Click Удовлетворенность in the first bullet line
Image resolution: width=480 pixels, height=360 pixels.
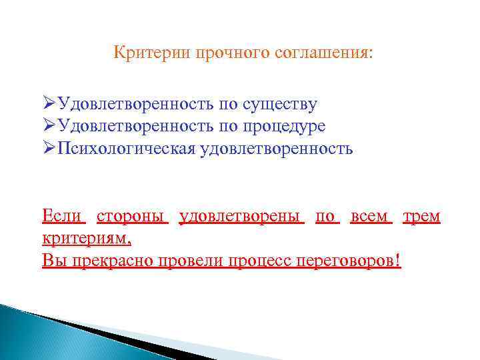click(x=135, y=104)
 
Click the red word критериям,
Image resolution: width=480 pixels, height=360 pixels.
click(x=87, y=237)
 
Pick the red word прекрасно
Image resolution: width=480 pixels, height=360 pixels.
click(x=112, y=259)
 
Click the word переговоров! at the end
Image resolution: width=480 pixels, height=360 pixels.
click(x=353, y=259)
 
